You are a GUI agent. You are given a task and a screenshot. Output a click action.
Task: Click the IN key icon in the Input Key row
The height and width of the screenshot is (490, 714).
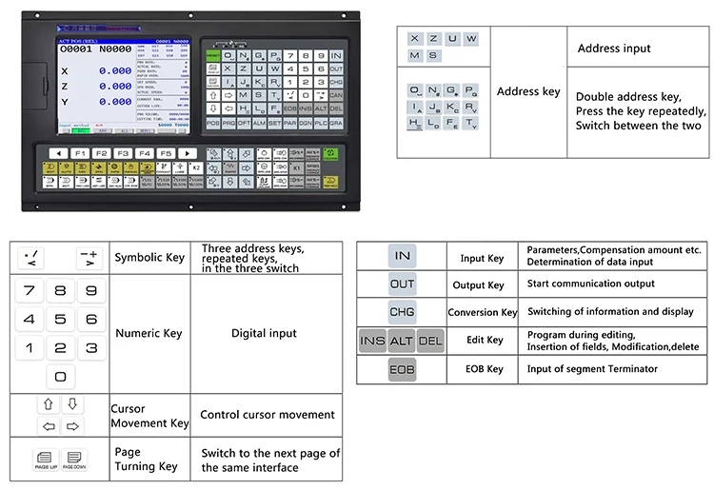coord(402,256)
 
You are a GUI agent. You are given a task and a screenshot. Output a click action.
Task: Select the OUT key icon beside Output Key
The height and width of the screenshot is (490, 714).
coord(402,284)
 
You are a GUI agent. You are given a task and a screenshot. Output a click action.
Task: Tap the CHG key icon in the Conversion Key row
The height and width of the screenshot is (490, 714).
coord(402,312)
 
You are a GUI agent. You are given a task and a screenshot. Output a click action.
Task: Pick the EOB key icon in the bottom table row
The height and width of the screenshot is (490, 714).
coord(402,368)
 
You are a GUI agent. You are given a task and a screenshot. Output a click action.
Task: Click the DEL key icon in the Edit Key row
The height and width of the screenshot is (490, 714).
coord(430,341)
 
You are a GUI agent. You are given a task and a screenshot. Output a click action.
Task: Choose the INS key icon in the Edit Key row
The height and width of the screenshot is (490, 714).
coord(373,341)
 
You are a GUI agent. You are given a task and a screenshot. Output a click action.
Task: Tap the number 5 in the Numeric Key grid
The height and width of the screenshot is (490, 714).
coord(60,320)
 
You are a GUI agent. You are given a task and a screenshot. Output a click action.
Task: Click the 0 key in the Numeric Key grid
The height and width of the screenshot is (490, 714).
coord(60,376)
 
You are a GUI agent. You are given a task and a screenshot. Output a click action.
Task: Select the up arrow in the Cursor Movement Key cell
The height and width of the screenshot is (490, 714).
coord(46,405)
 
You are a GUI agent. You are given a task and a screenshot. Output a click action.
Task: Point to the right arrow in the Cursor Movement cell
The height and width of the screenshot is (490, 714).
coord(72,425)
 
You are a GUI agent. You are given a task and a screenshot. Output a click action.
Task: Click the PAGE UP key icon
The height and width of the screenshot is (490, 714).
coord(46,460)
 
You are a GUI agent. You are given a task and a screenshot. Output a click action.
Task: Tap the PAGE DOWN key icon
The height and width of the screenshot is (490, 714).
coord(75,460)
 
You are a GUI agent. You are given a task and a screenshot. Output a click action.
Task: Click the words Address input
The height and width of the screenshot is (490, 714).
coord(614,48)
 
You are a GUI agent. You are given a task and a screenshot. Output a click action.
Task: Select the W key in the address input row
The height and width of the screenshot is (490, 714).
coord(471,38)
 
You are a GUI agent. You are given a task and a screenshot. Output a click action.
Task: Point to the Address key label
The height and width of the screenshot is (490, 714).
coord(528,92)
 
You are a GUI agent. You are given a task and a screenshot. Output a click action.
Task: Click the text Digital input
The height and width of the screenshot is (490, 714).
coord(264,334)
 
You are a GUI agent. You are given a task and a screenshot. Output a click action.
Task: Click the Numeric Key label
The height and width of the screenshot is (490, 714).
coord(149,334)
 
